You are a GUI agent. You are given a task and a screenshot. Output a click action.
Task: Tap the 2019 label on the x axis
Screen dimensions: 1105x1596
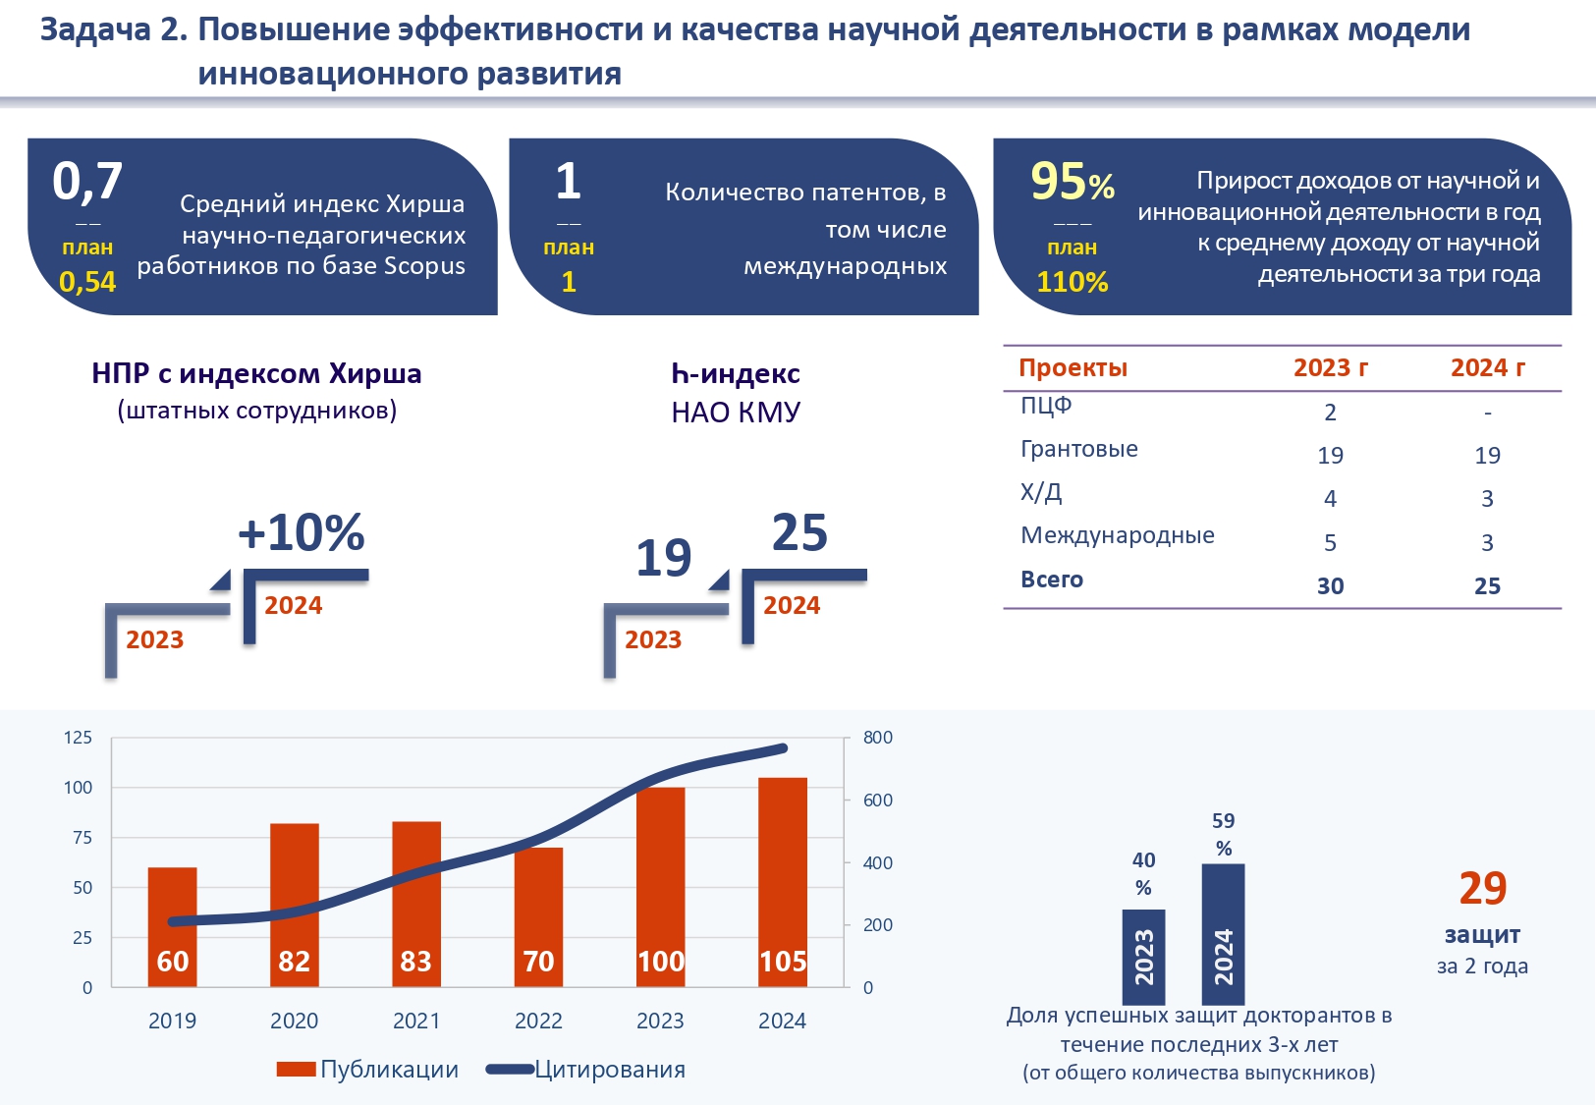pos(172,1022)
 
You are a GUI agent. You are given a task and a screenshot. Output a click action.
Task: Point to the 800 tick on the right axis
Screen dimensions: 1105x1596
pos(878,738)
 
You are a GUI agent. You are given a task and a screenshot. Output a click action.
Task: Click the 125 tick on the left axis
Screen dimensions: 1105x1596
pos(78,738)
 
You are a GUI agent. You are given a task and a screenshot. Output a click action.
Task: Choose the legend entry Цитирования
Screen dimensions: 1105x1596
pos(609,1070)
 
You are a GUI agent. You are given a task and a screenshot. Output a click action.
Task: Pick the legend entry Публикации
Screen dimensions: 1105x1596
pos(389,1070)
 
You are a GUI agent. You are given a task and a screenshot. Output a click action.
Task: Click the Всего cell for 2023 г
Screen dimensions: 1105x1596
pos(1330,586)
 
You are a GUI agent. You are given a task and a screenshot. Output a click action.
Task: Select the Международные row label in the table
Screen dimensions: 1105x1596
pos(1118,535)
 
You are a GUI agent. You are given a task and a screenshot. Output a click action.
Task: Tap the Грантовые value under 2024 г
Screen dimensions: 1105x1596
pos(1487,456)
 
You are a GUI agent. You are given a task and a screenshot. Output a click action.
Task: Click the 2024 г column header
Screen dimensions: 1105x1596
pos(1487,368)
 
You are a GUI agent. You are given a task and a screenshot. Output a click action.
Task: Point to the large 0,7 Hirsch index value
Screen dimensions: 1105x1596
pos(87,181)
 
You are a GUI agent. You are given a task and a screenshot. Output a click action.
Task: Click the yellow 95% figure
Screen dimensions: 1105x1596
pos(1072,182)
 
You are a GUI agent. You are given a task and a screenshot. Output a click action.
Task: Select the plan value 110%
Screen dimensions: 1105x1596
pos(1072,283)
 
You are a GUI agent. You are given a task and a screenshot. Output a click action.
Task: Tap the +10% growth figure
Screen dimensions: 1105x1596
pos(302,533)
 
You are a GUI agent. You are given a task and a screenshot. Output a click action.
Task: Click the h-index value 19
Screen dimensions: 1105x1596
pos(664,558)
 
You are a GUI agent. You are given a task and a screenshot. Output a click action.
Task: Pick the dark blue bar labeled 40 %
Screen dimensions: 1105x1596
pos(1143,955)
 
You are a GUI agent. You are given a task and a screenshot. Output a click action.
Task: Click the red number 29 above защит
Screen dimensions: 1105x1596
pos(1482,889)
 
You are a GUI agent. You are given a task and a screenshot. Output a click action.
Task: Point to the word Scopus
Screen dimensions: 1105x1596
pos(424,266)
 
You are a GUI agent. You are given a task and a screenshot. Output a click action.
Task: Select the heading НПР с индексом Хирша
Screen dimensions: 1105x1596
pos(256,374)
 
